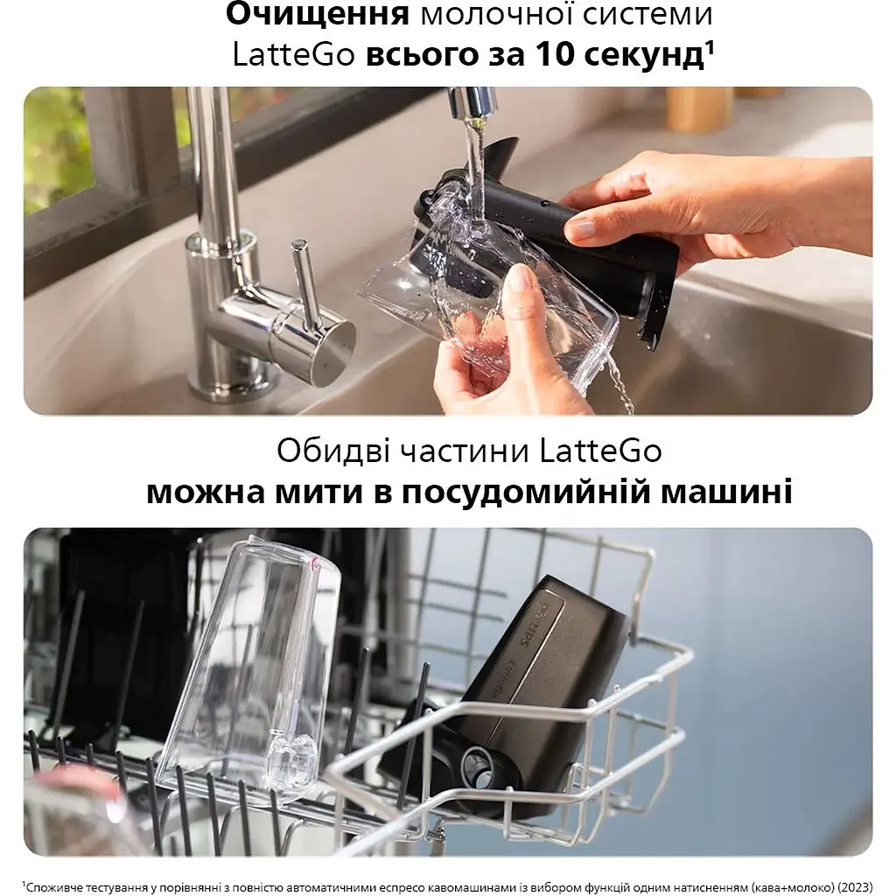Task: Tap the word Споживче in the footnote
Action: pyautogui.click(x=53, y=884)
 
